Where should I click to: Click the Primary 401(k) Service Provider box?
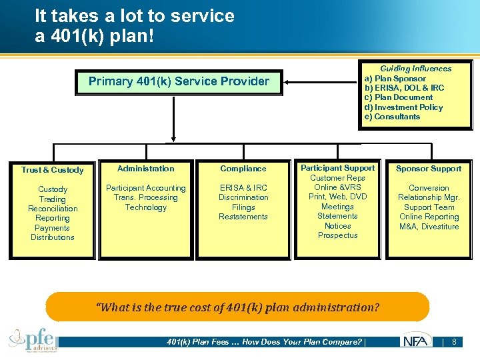pos(179,82)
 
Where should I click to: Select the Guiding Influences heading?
pos(415,69)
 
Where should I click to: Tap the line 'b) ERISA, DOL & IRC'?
pos(404,88)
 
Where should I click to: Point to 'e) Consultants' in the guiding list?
pos(392,117)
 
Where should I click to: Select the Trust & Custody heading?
pos(52,170)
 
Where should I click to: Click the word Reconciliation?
pos(53,209)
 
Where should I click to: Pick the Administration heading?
pos(145,169)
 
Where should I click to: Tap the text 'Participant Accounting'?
pos(145,188)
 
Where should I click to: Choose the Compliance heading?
pos(243,169)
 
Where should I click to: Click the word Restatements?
pos(243,217)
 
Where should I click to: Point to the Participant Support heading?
pos(337,168)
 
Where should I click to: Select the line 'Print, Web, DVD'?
pos(337,197)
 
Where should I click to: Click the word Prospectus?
pos(337,235)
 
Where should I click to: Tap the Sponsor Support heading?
pos(429,169)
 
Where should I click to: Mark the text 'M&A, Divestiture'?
pos(429,227)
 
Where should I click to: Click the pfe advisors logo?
pos(33,341)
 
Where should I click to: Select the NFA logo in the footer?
pos(416,342)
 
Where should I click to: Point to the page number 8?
pos(454,342)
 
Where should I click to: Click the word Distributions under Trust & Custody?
pos(53,237)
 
